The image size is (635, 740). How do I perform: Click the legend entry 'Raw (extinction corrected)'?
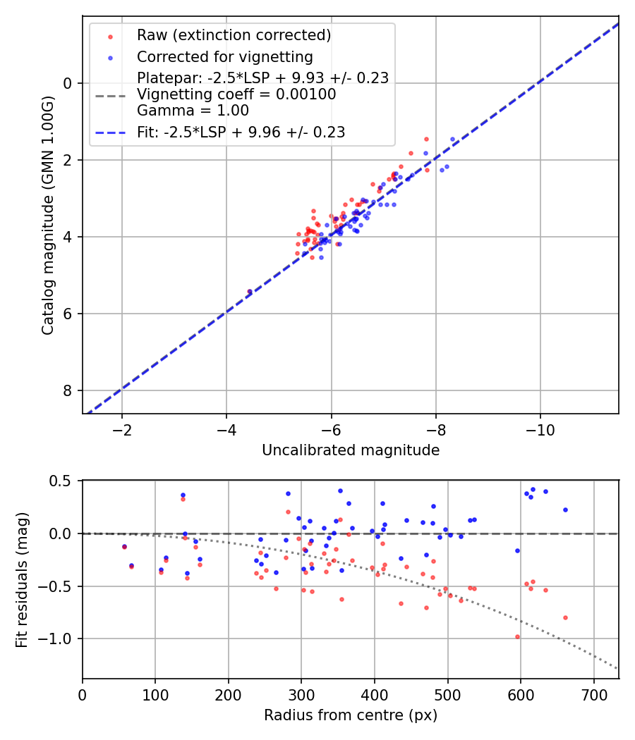pyautogui.click(x=234, y=35)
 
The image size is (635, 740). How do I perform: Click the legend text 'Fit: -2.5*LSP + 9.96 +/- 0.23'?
pyautogui.click(x=241, y=132)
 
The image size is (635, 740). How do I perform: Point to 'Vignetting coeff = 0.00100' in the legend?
pyautogui.click(x=236, y=94)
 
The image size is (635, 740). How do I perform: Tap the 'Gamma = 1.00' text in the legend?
pyautogui.click(x=193, y=111)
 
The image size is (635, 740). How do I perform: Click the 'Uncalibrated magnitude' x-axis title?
pyautogui.click(x=351, y=450)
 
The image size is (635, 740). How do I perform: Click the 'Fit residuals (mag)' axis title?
pyautogui.click(x=22, y=579)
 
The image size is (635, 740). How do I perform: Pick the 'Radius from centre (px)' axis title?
pyautogui.click(x=351, y=715)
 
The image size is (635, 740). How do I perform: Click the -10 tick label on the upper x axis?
pyautogui.click(x=540, y=430)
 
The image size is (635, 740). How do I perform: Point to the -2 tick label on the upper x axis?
pyautogui.click(x=122, y=430)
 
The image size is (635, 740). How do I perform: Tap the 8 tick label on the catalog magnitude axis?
pyautogui.click(x=68, y=391)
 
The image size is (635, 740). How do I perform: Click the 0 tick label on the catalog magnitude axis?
pyautogui.click(x=68, y=83)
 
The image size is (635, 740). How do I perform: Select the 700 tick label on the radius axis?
pyautogui.click(x=593, y=695)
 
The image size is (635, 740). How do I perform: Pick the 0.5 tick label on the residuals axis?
pyautogui.click(x=64, y=481)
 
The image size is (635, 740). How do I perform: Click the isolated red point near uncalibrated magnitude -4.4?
pyautogui.click(x=249, y=291)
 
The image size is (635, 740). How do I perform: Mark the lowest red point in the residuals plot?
pyautogui.click(x=517, y=636)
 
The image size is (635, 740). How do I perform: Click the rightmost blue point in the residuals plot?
pyautogui.click(x=565, y=510)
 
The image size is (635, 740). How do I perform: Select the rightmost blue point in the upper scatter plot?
pyautogui.click(x=452, y=139)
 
